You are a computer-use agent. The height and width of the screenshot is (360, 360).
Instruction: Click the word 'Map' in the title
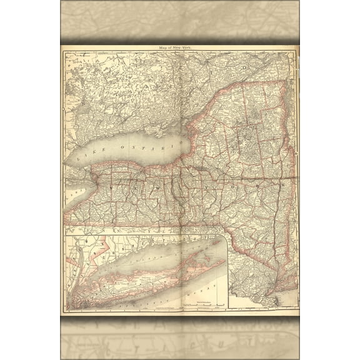click(x=166, y=48)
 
